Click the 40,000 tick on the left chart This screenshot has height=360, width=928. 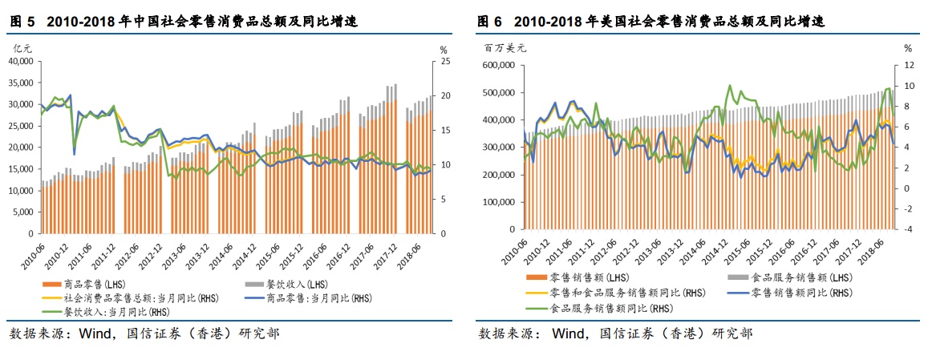[20, 61]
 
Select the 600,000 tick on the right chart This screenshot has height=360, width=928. [499, 66]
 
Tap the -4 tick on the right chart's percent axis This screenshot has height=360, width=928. [906, 229]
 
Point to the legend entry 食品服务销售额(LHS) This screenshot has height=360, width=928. [790, 278]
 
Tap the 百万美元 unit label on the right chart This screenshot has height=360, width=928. [505, 48]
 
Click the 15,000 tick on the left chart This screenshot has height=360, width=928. [20, 169]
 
